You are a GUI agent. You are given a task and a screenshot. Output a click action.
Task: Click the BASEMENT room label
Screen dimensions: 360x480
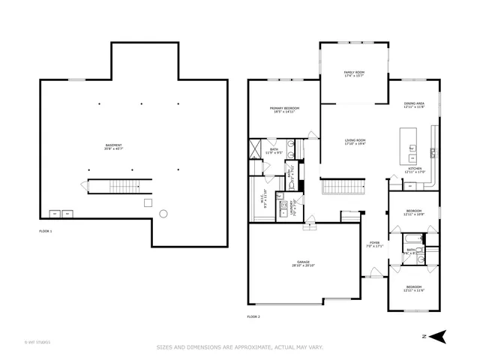coord(114,147)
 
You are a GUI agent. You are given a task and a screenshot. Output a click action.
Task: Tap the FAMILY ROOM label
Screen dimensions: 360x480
coord(354,74)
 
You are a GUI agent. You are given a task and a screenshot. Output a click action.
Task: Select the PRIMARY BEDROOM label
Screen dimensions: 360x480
coord(284,110)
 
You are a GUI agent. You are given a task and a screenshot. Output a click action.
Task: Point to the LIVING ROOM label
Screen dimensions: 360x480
coord(355,142)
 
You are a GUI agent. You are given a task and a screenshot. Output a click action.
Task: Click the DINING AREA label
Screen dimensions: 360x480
coord(414,105)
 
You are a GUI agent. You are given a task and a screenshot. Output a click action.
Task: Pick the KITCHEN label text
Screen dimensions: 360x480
coord(414,170)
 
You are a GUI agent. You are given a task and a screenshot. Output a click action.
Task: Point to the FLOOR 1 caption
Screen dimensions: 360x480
coord(46,231)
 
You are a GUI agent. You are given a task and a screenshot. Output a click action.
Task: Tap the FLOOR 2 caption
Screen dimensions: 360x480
coord(253,316)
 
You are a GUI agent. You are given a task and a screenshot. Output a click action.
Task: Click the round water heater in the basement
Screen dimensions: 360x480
coord(163,214)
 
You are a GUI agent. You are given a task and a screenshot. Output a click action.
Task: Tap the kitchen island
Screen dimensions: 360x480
coord(409,140)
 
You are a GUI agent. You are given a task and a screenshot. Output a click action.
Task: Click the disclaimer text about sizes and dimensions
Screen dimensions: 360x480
coord(239,347)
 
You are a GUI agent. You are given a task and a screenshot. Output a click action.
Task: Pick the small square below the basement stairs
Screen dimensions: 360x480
coord(148,202)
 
